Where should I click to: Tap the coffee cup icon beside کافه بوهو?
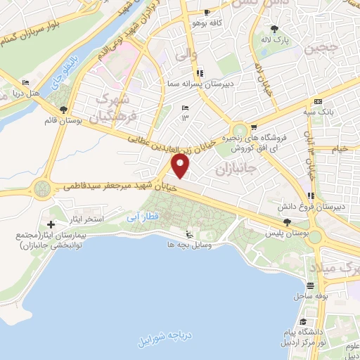pos(207,13)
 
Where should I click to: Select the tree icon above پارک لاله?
pos(274,29)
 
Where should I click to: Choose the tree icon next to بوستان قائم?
pos(64,110)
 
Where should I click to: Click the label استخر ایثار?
pos(104,219)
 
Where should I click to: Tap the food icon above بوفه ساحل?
pos(310,286)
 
